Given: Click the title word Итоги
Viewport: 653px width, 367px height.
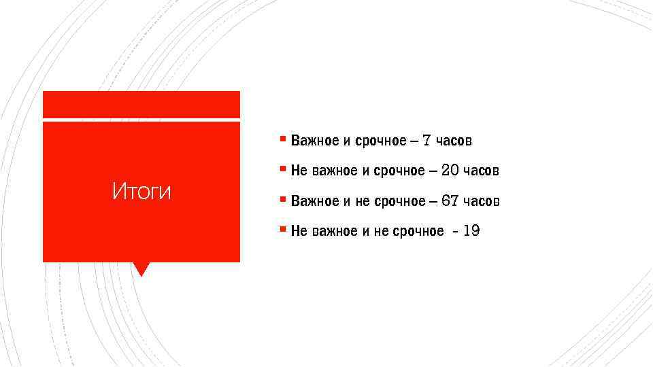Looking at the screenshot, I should (x=141, y=192).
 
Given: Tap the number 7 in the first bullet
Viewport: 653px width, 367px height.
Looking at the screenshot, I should (x=426, y=141).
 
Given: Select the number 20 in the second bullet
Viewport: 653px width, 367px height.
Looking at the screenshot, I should (x=450, y=170).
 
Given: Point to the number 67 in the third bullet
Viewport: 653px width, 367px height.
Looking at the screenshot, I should (x=450, y=200).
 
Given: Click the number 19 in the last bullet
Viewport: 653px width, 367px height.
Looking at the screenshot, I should (x=471, y=231).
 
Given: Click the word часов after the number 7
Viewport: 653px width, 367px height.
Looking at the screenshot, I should (x=454, y=141).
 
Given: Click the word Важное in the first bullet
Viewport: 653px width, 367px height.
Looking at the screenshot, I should (x=314, y=141).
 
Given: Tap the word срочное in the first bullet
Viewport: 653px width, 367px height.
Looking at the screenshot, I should (x=380, y=141).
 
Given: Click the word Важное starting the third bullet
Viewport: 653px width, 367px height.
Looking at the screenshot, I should (x=314, y=200).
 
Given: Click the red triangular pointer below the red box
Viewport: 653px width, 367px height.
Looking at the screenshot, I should (x=141, y=268).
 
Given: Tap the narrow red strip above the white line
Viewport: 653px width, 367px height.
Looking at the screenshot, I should (x=141, y=104).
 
